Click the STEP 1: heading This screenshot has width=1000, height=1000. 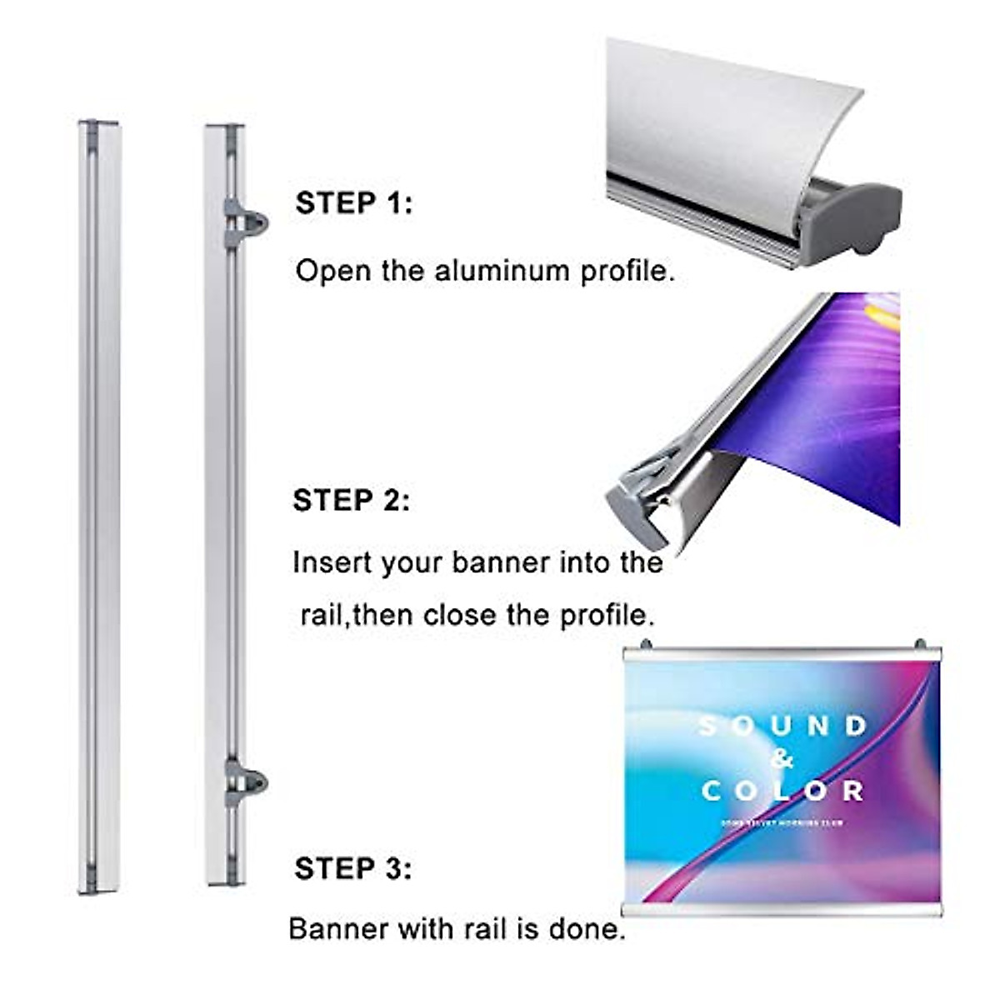353,203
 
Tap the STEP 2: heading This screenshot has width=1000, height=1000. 351,500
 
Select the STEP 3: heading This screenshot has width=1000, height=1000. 352,868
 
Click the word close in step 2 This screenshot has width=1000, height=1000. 461,615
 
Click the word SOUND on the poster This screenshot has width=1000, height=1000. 782,727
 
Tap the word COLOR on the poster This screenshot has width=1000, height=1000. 782,790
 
